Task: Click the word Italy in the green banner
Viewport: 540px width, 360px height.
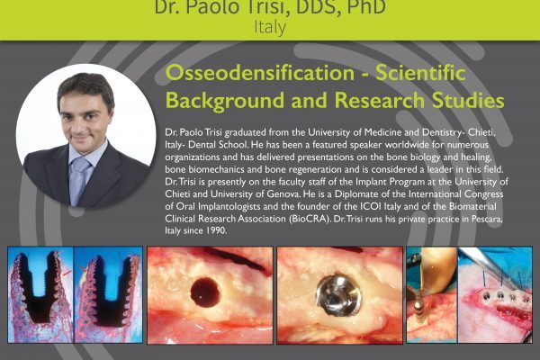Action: point(270,28)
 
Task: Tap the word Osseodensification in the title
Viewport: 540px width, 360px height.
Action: point(260,73)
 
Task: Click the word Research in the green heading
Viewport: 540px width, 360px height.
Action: point(380,100)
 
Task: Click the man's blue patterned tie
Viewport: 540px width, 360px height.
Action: point(79,180)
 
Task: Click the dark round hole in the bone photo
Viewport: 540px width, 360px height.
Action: point(205,292)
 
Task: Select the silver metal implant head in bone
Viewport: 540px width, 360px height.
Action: point(339,294)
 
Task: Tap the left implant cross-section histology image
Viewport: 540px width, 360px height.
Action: point(40,294)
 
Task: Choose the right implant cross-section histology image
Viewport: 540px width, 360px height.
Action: point(108,294)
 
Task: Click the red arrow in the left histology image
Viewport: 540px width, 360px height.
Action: point(67,274)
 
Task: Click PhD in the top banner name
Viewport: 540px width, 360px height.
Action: point(366,7)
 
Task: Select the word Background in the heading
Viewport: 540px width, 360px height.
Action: point(225,100)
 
